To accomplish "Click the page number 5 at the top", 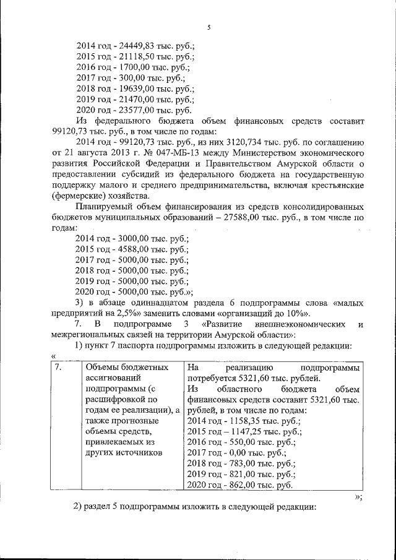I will (209, 27).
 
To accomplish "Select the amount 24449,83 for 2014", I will (134, 45).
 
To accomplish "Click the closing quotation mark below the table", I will (358, 498).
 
